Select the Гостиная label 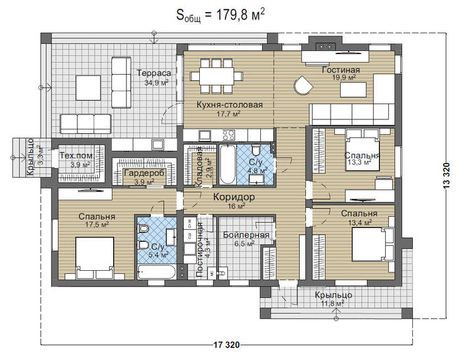click(x=341, y=70)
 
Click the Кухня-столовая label click(x=229, y=104)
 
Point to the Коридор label click(x=233, y=197)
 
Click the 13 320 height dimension click(x=447, y=182)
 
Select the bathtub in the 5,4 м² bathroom click(x=158, y=271)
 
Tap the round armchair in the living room click(x=304, y=84)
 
